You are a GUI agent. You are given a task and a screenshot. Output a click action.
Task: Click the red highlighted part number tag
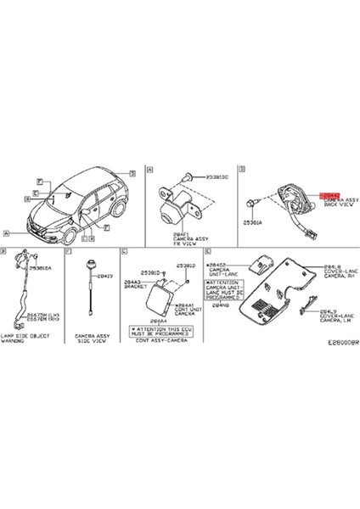pos(332,194)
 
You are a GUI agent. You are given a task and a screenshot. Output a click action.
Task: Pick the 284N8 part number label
pos(222,305)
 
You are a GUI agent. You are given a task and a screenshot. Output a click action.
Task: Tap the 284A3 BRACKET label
pos(135,283)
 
